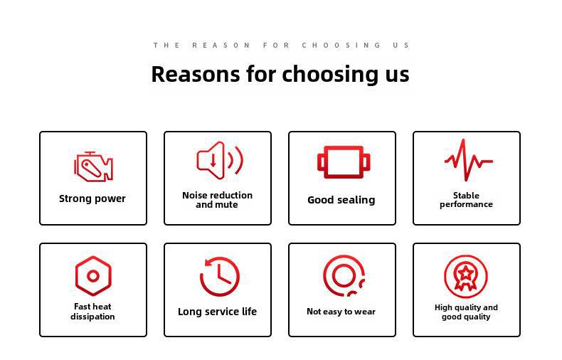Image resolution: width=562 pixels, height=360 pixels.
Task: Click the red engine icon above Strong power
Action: (x=93, y=166)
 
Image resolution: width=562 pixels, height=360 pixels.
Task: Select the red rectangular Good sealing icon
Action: (x=344, y=162)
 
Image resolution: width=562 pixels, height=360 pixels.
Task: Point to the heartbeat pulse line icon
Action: (x=469, y=160)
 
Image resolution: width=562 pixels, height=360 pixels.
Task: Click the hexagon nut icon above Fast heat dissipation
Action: (x=93, y=276)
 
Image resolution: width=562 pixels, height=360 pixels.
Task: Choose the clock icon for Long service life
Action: (x=219, y=277)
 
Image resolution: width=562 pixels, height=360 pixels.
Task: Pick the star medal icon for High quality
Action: (x=465, y=276)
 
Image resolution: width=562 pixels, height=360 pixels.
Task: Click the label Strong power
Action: (x=92, y=198)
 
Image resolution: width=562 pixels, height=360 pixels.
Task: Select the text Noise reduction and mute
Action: (x=217, y=200)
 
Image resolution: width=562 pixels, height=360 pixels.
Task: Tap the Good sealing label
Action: (x=341, y=200)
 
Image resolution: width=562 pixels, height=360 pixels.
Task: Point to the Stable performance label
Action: (x=466, y=200)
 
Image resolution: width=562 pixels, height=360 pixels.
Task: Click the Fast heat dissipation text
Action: (x=92, y=311)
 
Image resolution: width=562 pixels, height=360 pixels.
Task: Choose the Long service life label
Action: (x=217, y=312)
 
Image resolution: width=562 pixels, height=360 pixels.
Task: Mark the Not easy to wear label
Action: (x=341, y=312)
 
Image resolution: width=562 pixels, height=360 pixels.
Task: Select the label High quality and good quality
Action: (x=466, y=312)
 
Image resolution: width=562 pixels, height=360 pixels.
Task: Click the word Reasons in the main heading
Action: (x=196, y=74)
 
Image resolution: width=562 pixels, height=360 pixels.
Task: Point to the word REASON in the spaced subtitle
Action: (x=221, y=46)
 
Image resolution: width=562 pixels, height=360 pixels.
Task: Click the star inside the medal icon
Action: (x=465, y=273)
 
